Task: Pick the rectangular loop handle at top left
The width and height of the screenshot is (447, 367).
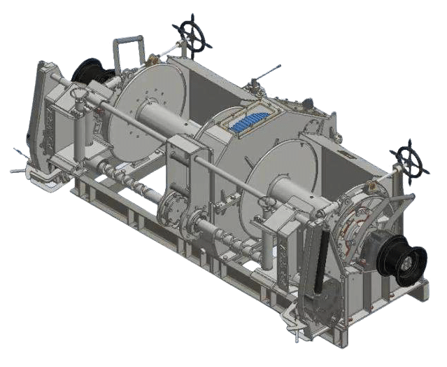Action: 127,50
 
